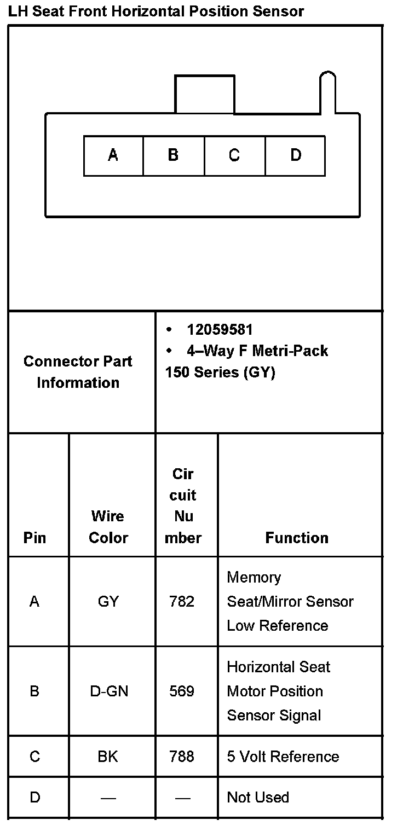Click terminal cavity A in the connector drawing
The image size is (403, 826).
(x=113, y=156)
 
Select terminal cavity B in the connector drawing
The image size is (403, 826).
(x=174, y=156)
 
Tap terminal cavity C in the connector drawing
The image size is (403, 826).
(x=234, y=156)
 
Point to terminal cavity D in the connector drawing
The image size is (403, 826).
(x=295, y=156)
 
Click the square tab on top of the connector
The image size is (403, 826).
(x=204, y=95)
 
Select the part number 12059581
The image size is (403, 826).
(x=220, y=330)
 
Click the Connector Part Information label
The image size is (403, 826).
(x=78, y=372)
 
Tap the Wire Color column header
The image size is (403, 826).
(x=108, y=527)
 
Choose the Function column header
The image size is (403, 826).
(x=297, y=538)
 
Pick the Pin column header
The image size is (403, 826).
(x=34, y=538)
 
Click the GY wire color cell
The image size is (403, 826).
(x=108, y=602)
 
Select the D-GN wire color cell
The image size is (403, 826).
(x=109, y=691)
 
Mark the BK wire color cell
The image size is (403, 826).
(x=108, y=757)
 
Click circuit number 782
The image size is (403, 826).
(x=182, y=602)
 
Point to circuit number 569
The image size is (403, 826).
(x=182, y=691)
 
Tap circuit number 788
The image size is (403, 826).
(x=182, y=757)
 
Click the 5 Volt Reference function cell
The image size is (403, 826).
(x=283, y=757)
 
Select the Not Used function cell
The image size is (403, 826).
(x=258, y=798)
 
